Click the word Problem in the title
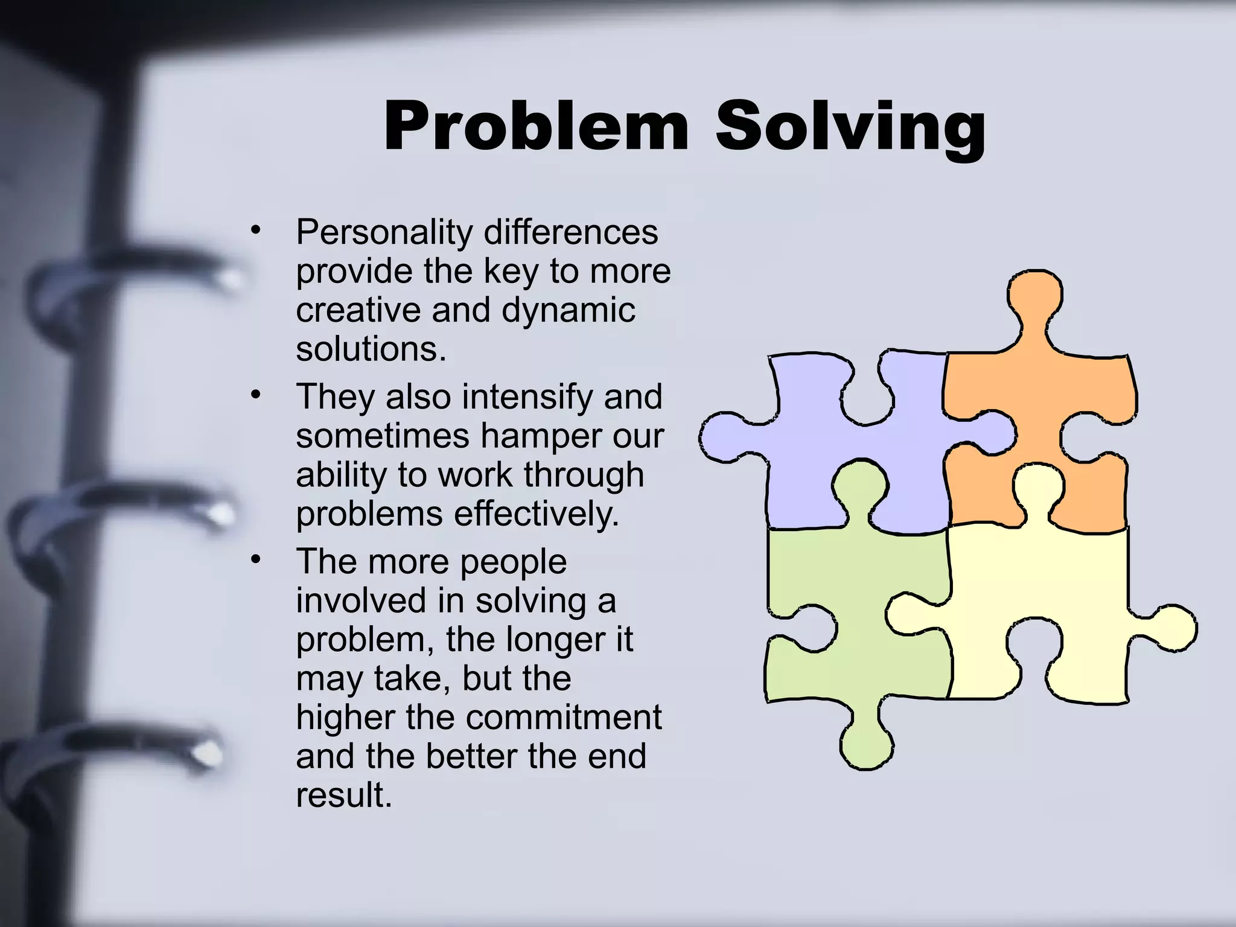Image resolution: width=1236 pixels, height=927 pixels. pyautogui.click(x=536, y=127)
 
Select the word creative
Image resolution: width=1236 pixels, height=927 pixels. pyautogui.click(x=358, y=310)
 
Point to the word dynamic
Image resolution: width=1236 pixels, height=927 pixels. pyautogui.click(x=568, y=311)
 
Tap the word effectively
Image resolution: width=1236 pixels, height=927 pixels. pyautogui.click(x=536, y=515)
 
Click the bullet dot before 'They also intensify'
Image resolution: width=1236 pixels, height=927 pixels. pyautogui.click(x=256, y=395)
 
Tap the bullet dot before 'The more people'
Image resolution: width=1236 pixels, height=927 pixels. pyautogui.click(x=256, y=559)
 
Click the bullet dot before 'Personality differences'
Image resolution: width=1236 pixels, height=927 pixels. pyautogui.click(x=256, y=230)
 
